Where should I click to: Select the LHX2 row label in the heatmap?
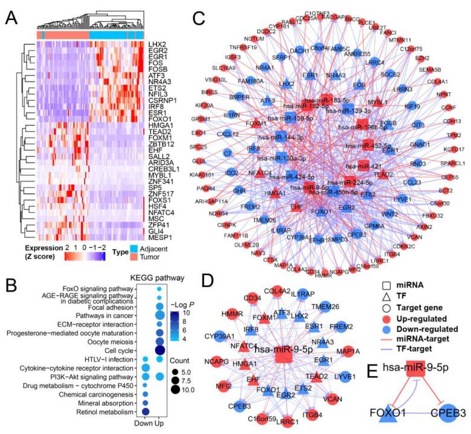[x=157, y=44]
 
